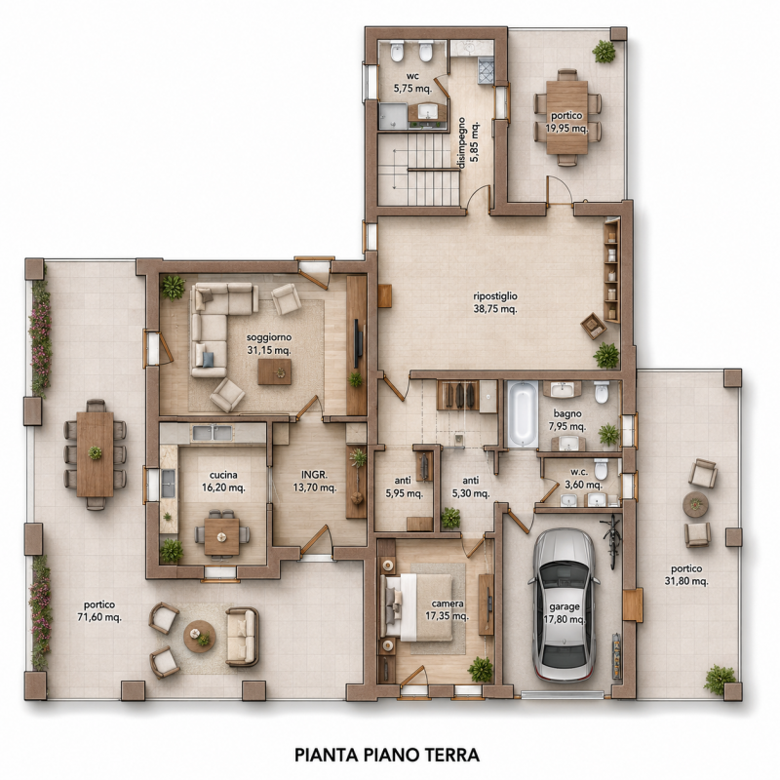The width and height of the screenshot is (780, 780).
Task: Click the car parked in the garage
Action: (564, 604)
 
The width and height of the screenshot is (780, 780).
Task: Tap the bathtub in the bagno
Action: (523, 413)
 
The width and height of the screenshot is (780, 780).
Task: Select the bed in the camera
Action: (416, 606)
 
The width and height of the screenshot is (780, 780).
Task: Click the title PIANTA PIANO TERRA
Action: (387, 755)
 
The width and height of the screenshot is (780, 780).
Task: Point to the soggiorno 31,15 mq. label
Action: (269, 344)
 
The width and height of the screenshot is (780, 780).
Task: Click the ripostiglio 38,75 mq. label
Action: (495, 302)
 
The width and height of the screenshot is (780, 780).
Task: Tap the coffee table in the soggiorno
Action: (275, 372)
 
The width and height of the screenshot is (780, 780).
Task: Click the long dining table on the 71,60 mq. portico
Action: (95, 453)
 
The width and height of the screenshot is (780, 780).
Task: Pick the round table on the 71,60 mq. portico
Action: (200, 637)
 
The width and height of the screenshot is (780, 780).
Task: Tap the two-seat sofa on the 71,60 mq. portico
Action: (242, 637)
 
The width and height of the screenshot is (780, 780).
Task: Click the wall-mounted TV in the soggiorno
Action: (358, 345)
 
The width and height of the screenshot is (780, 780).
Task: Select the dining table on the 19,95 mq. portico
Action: (567, 117)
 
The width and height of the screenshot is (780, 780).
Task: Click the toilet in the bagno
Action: (602, 392)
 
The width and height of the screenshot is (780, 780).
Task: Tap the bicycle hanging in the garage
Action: (612, 541)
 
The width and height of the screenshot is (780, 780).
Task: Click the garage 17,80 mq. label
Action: (565, 613)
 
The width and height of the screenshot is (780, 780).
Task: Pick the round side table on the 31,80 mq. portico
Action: (695, 504)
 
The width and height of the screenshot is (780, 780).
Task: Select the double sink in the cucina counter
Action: (213, 433)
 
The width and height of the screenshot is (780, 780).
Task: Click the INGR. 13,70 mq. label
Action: (315, 481)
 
